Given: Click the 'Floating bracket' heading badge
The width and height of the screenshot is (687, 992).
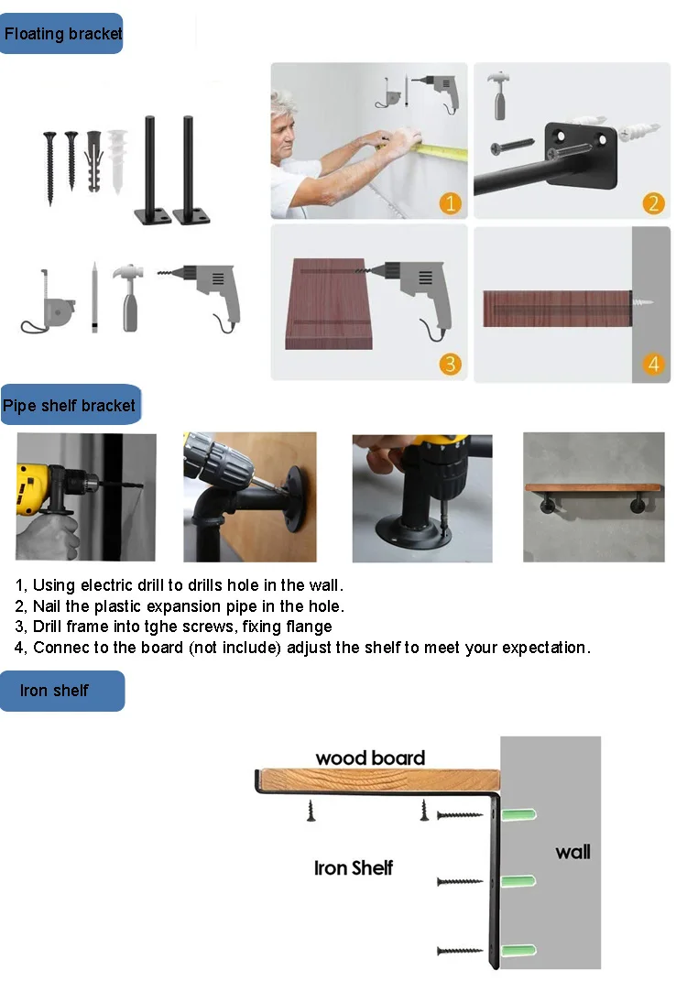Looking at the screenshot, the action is coord(61,34).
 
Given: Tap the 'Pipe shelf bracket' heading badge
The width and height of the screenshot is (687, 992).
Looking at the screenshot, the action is coord(71,405).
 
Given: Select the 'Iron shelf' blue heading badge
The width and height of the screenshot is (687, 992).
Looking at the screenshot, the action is coord(62,691).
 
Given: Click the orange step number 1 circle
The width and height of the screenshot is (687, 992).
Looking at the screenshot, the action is coord(451,203).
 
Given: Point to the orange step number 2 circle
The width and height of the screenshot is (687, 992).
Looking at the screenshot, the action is coord(653,203).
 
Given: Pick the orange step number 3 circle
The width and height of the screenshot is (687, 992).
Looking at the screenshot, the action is coord(451,364).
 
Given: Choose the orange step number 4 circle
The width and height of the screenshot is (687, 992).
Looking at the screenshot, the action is coord(653,364).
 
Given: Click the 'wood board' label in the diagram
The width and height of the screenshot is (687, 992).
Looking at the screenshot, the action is coord(370,758).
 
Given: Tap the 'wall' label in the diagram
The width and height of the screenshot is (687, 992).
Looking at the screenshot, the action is coord(573,852).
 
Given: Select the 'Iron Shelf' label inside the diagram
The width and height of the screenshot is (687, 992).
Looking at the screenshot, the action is coord(354,868).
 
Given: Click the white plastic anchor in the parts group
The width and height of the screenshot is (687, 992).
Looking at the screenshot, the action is coord(117,160).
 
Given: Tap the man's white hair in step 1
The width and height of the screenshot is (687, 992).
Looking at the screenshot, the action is coord(284,104).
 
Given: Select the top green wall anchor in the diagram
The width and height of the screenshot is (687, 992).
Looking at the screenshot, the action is coord(518,813).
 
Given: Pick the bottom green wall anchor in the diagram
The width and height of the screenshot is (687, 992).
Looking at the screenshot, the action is coord(518,950).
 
